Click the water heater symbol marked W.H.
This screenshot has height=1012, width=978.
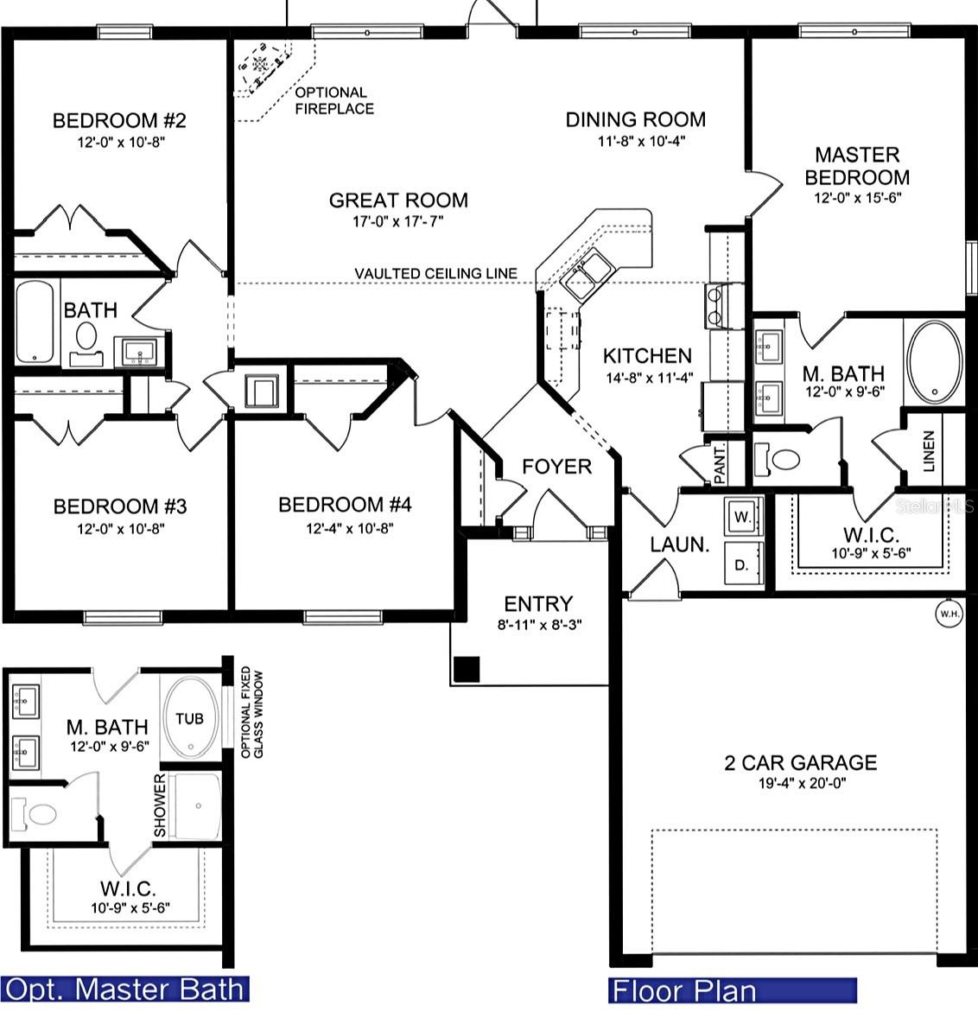949,613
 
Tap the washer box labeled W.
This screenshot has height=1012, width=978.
743,516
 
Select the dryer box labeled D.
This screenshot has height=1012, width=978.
743,564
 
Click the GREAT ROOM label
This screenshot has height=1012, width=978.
398,200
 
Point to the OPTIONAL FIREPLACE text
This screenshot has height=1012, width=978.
334,101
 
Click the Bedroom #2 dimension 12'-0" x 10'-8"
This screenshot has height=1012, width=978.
121,142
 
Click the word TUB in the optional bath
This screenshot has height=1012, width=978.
189,718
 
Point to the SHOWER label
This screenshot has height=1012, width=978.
160,805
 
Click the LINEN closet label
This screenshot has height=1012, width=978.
929,451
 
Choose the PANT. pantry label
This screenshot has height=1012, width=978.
720,462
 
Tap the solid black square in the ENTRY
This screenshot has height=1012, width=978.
467,669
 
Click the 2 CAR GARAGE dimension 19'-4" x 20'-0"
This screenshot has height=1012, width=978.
802,784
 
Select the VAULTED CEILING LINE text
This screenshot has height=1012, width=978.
436,274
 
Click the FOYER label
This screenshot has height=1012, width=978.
556,467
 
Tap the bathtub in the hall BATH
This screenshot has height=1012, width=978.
35,321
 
